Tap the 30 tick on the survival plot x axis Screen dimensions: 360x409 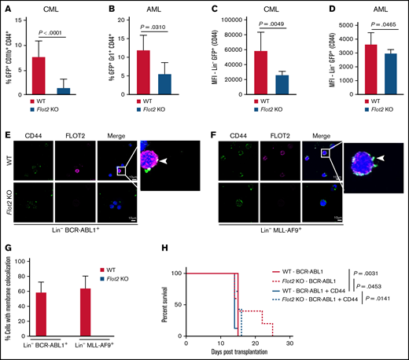(289, 343)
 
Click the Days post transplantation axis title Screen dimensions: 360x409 (236, 354)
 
